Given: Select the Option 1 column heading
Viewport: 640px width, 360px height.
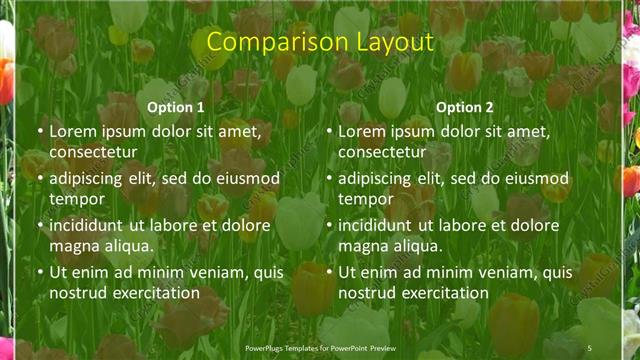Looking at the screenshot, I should (176, 107).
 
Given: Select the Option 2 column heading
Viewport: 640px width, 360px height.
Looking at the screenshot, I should (465, 107).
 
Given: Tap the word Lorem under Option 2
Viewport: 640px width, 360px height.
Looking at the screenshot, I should (362, 131).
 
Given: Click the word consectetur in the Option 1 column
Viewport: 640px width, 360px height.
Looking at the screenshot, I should (93, 152).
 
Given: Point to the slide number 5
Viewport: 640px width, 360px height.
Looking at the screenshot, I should (589, 347).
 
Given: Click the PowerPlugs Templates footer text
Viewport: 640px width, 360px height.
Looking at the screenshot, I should (316, 347).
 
